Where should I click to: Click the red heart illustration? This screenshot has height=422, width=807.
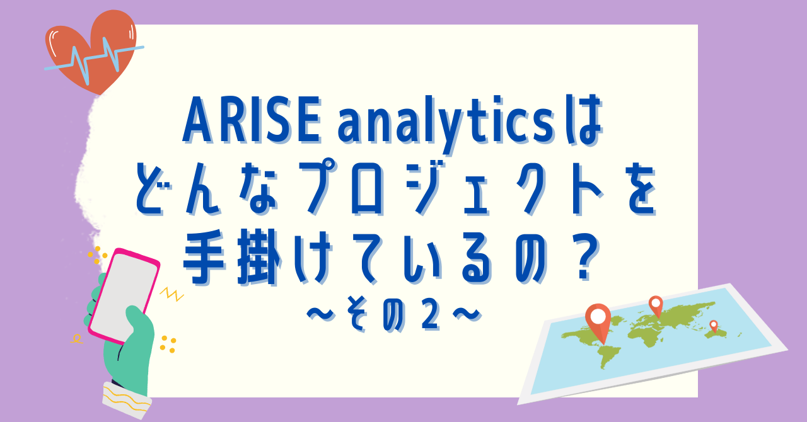[x=92, y=50]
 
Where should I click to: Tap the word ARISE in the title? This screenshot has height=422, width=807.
[x=252, y=120]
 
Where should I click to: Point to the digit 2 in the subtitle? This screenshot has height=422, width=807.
[x=429, y=317]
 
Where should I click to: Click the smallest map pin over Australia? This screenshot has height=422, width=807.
[x=713, y=326]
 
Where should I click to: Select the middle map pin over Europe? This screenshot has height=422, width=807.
[x=656, y=306]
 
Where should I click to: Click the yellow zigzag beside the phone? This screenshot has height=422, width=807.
[x=172, y=294]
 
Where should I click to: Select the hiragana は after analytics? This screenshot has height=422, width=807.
[x=583, y=120]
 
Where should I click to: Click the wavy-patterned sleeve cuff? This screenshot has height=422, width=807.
[x=126, y=400]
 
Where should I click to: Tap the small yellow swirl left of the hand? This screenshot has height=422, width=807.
[x=76, y=338]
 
